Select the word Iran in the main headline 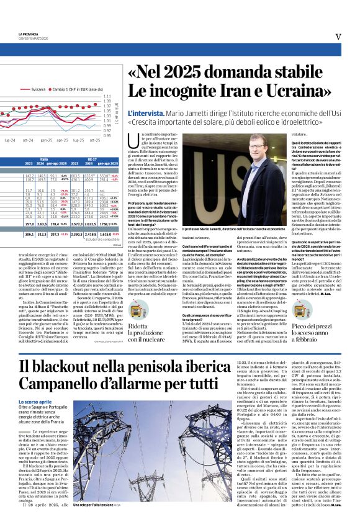pos(243,95)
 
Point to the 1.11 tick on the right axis pos(107,97)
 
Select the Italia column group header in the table pos(44,160)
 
